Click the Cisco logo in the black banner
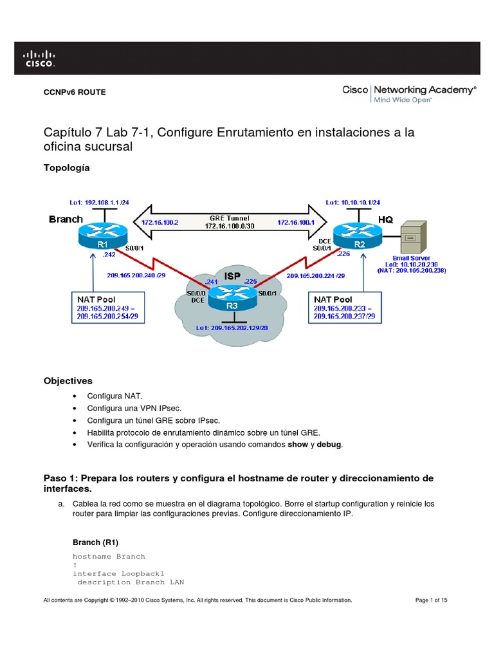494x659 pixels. (x=40, y=58)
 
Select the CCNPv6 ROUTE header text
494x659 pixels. (x=74, y=92)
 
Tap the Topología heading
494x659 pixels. (x=66, y=168)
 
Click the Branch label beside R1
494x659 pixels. (x=66, y=219)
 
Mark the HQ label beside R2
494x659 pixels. (x=385, y=219)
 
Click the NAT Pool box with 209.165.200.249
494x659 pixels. (x=107, y=309)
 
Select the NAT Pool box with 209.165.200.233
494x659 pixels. (x=346, y=309)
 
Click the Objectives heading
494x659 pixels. (x=68, y=381)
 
